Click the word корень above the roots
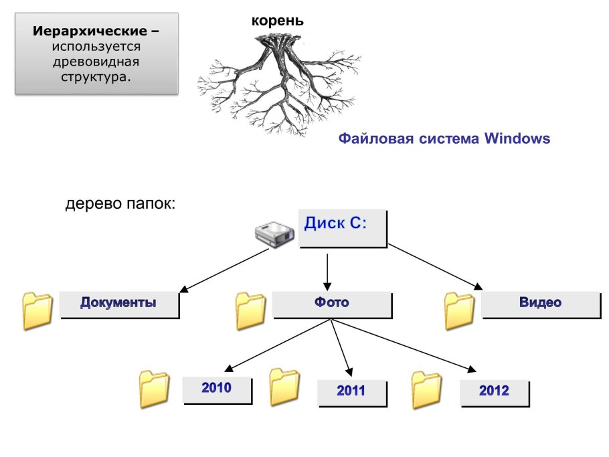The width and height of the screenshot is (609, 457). click(x=277, y=21)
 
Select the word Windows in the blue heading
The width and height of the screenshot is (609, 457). click(x=517, y=139)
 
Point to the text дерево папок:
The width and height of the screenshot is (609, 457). click(x=120, y=203)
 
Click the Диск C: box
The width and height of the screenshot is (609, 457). click(x=343, y=228)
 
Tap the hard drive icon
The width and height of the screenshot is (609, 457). click(x=274, y=235)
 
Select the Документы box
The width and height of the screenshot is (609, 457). click(x=119, y=303)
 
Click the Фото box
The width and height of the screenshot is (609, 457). click(x=332, y=303)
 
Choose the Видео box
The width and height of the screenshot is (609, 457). click(x=540, y=303)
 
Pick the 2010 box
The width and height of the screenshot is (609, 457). click(x=217, y=388)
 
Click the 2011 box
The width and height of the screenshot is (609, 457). click(x=351, y=391)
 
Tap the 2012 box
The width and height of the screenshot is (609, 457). click(x=494, y=391)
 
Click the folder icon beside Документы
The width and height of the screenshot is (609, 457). click(x=37, y=311)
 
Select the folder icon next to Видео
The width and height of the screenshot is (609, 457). click(x=460, y=311)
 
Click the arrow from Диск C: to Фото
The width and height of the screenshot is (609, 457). click(x=327, y=268)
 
